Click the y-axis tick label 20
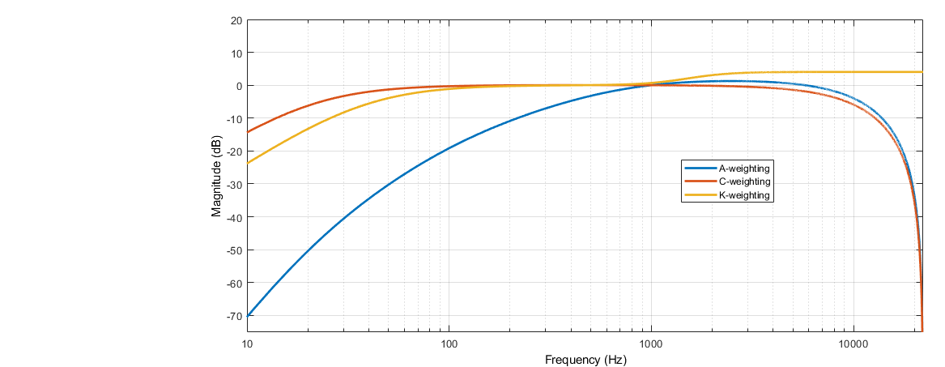236,20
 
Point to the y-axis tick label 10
236,53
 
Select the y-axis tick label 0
238,86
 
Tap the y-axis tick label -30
234,184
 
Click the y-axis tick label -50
234,250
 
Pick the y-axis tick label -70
234,315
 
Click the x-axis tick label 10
247,343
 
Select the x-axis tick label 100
449,343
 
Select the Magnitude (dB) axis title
216,176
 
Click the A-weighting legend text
743,168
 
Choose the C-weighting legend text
743,181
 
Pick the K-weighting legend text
743,195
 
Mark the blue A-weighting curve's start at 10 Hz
248,315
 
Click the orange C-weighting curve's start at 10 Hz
248,132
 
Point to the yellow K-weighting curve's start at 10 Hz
248,163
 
